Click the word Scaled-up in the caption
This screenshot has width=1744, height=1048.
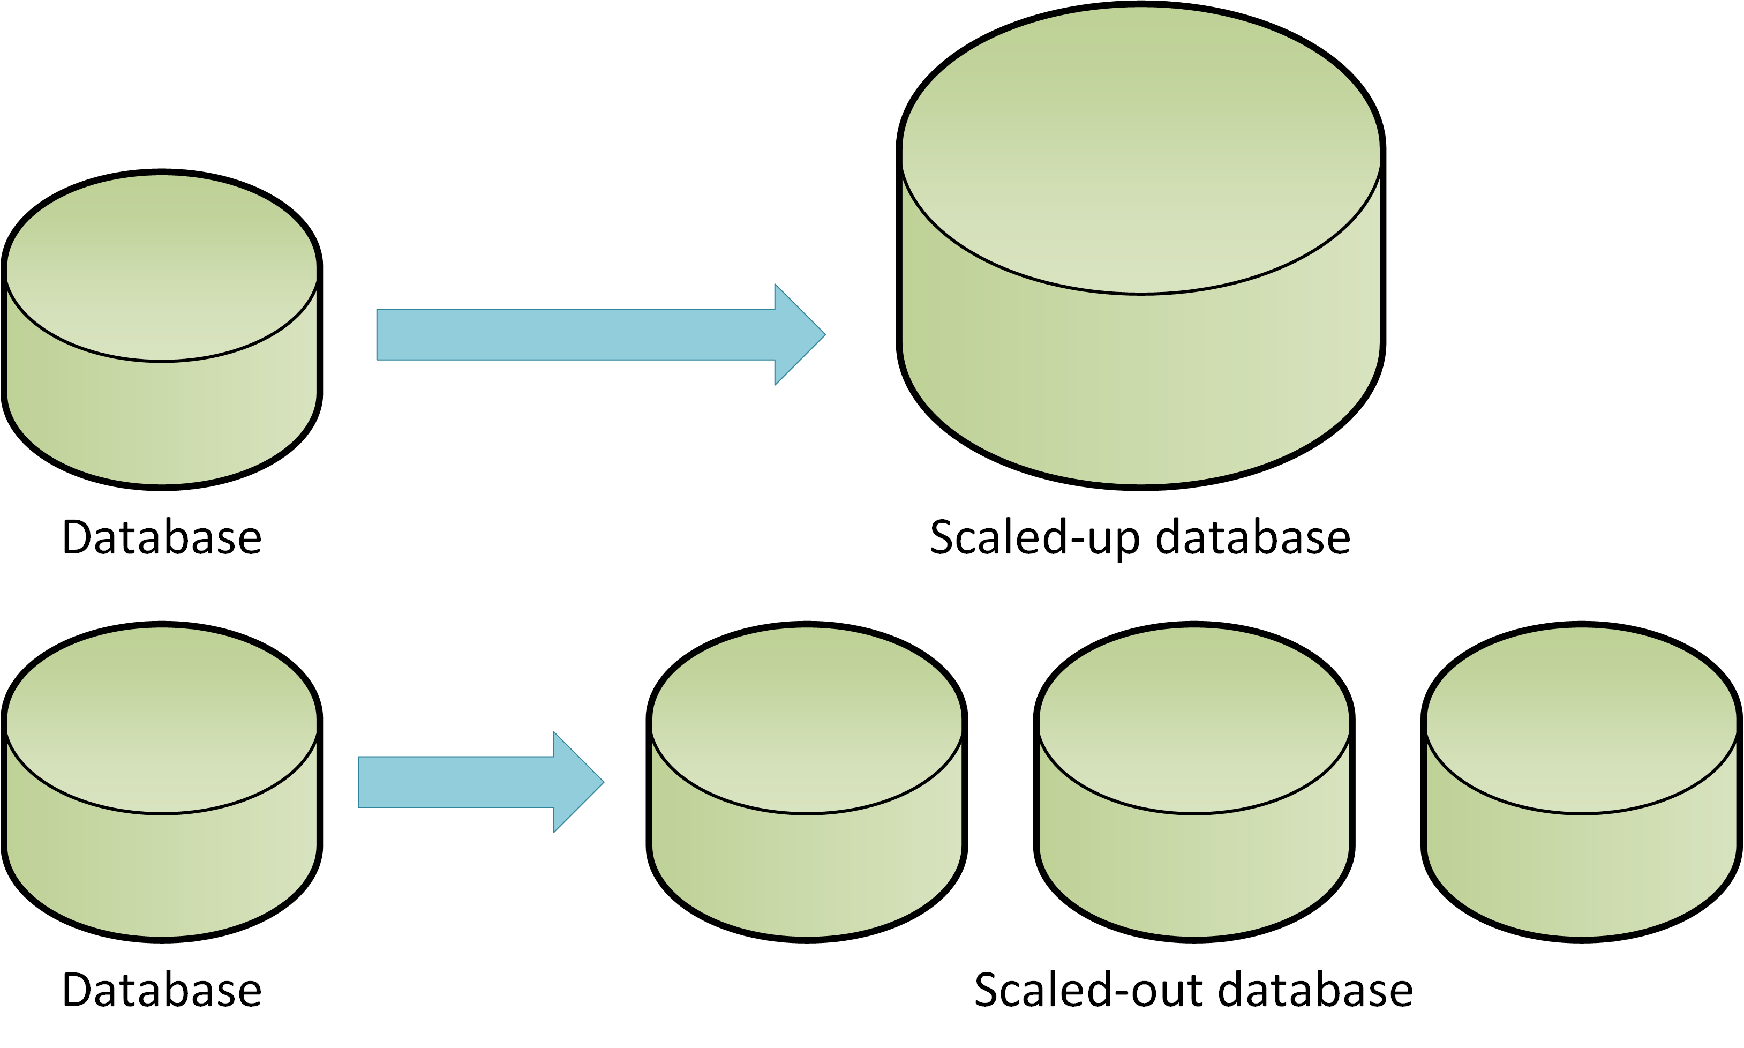1034,538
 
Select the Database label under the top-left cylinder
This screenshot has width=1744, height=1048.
162,537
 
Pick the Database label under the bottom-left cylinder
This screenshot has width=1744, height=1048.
162,990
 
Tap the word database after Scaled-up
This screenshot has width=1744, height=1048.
1253,537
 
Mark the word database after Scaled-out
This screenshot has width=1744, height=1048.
1315,990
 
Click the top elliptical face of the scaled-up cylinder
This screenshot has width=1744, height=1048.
1140,148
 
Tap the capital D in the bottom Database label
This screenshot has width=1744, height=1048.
78,990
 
